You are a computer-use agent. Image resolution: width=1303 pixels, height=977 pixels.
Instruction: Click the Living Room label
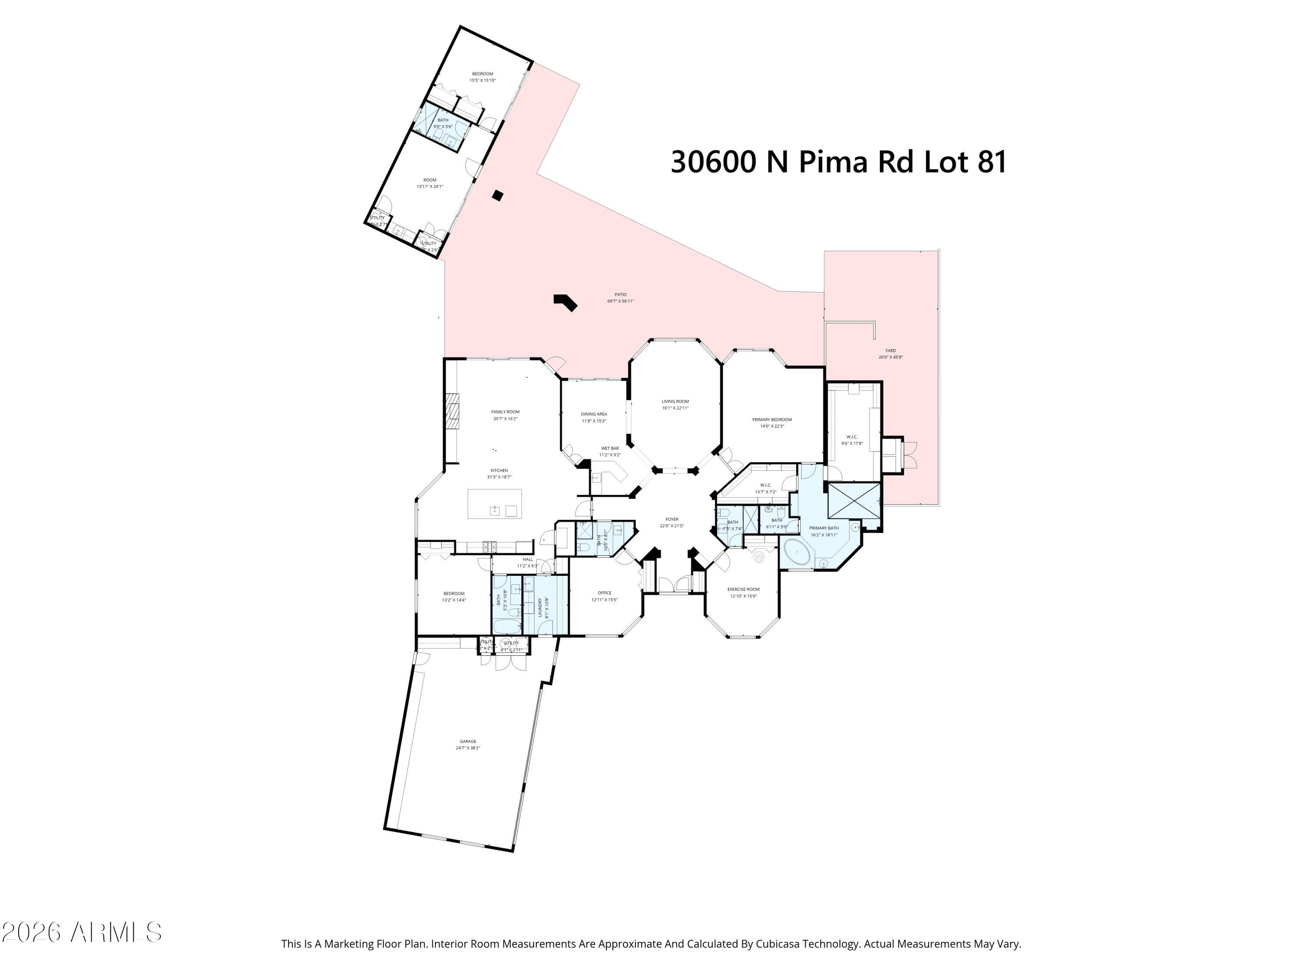coord(675,401)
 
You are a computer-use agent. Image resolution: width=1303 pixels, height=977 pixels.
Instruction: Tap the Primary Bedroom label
coord(772,419)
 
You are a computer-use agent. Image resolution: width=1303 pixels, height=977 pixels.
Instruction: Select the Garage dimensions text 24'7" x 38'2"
coord(468,748)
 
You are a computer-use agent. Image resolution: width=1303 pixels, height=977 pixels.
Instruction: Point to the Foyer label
coord(671,519)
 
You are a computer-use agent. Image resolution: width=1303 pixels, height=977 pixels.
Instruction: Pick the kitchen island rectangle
coord(495,504)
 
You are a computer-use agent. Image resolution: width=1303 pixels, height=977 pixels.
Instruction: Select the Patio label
coord(620,294)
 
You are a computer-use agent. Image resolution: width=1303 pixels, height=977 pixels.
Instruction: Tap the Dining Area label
coord(593,414)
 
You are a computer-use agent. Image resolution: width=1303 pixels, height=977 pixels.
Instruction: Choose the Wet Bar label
coord(610,448)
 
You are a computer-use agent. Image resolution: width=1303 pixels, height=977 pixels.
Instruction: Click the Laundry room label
coord(539,607)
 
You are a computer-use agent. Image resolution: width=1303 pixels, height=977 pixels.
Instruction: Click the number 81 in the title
coord(992,162)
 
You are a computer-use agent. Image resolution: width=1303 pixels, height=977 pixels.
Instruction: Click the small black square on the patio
coord(498,195)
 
